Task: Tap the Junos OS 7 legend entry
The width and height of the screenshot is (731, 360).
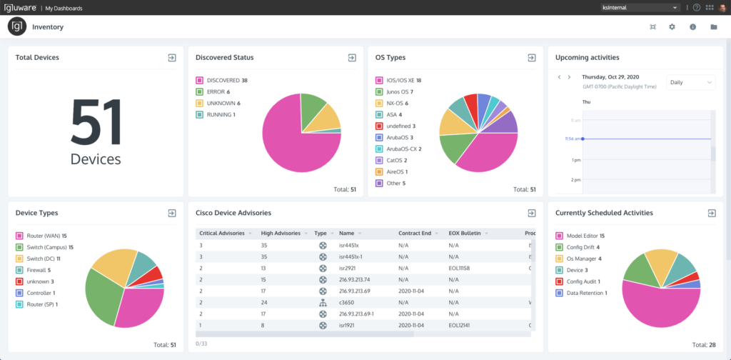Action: click(x=399, y=92)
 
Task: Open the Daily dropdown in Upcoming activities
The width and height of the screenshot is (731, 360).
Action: click(x=690, y=82)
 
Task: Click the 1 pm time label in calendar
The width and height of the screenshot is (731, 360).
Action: click(x=575, y=160)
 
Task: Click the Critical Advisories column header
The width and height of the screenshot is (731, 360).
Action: click(x=223, y=233)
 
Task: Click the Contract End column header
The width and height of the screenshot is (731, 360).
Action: click(x=415, y=233)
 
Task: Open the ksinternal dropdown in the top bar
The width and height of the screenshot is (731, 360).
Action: click(x=639, y=8)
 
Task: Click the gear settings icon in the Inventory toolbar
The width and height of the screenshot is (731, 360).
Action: click(x=672, y=27)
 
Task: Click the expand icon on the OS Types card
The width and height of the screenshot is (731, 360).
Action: click(x=531, y=58)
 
